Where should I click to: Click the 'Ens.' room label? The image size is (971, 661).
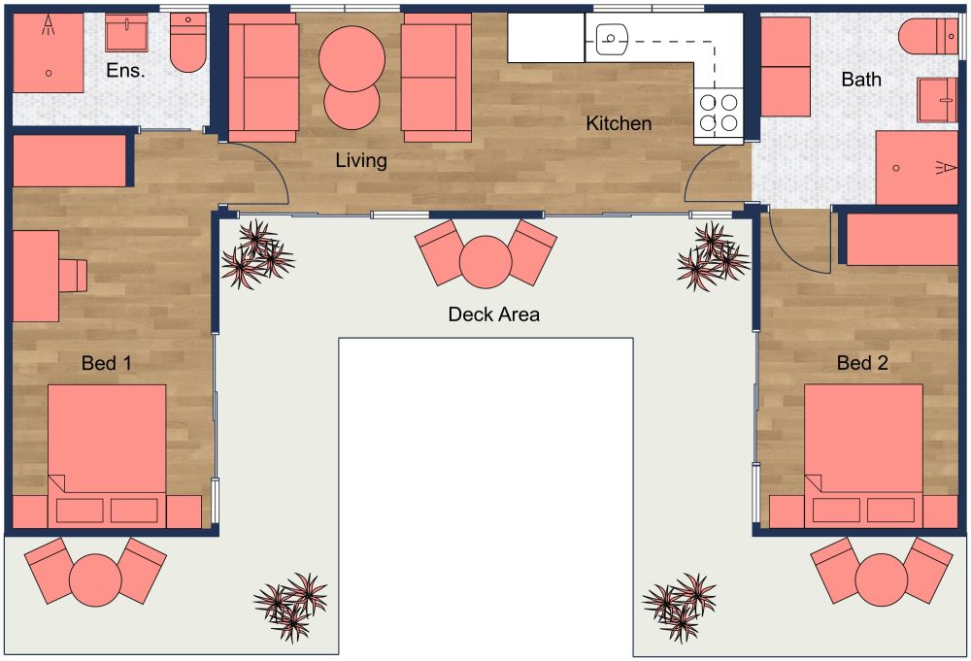tap(126, 71)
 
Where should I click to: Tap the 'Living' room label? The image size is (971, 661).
tap(361, 160)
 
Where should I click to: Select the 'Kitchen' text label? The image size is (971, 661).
tap(619, 123)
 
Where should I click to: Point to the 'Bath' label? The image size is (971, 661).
tap(860, 80)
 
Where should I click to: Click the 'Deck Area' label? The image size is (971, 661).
tap(493, 314)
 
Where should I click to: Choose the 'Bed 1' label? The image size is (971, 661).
tap(107, 364)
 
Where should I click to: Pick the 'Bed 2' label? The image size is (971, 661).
tap(862, 364)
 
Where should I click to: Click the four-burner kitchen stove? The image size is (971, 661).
tap(719, 112)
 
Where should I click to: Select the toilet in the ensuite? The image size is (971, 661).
tap(188, 45)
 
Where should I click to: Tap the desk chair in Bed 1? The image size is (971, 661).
tap(72, 275)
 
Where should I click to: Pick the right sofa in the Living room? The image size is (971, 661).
tap(436, 78)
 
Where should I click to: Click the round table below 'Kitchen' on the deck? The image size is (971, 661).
tap(485, 260)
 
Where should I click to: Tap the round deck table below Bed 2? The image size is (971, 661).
tap(881, 579)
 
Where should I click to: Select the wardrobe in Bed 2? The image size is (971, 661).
tap(902, 239)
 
